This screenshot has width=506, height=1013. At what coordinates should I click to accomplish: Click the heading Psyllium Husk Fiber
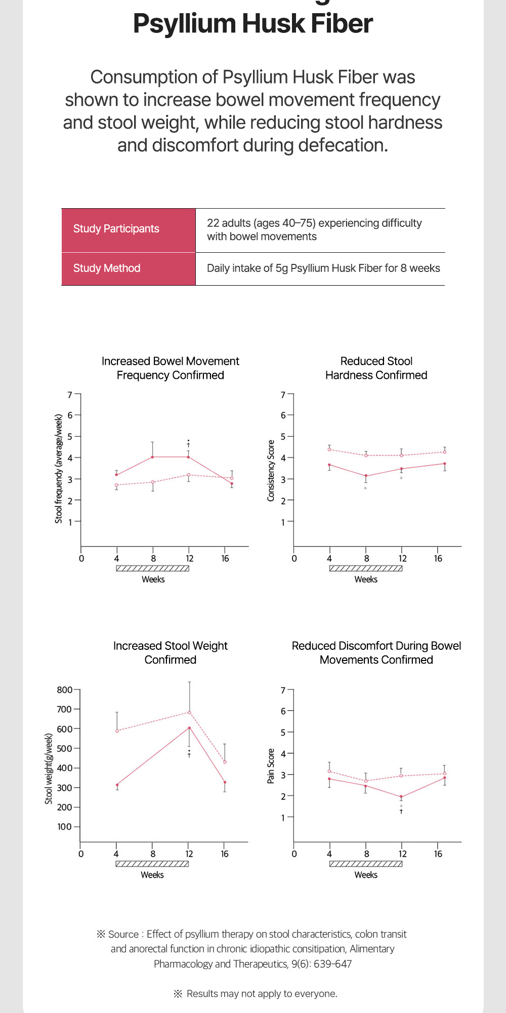pyautogui.click(x=252, y=23)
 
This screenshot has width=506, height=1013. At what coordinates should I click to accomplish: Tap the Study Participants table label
pyautogui.click(x=116, y=229)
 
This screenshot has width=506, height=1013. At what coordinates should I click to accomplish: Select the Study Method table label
pyautogui.click(x=106, y=268)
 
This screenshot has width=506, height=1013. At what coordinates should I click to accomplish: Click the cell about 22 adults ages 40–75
pyautogui.click(x=314, y=229)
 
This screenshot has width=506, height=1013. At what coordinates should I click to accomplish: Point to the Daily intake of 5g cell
pyautogui.click(x=323, y=268)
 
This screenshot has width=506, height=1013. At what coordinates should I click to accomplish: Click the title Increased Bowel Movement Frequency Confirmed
pyautogui.click(x=170, y=368)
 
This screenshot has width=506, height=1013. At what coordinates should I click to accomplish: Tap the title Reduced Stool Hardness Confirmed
pyautogui.click(x=376, y=368)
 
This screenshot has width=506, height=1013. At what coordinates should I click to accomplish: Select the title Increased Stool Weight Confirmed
pyautogui.click(x=170, y=653)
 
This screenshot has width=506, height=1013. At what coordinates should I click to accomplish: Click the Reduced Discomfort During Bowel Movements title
pyautogui.click(x=376, y=653)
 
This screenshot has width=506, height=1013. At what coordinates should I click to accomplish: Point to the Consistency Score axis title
pyautogui.click(x=271, y=471)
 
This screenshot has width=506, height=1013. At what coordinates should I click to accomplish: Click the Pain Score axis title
pyautogui.click(x=271, y=766)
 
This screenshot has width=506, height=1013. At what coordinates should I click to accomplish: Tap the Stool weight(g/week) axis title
pyautogui.click(x=49, y=768)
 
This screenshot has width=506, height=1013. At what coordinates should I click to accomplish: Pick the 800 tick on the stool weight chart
pyautogui.click(x=64, y=690)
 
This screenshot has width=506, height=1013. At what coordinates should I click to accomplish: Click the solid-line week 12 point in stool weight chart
pyautogui.click(x=189, y=728)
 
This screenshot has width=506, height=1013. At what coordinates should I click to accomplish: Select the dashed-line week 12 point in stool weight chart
pyautogui.click(x=189, y=712)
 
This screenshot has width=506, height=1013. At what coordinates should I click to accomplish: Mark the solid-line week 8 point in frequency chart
pyautogui.click(x=152, y=457)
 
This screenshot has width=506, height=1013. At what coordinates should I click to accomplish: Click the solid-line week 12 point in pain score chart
pyautogui.click(x=401, y=797)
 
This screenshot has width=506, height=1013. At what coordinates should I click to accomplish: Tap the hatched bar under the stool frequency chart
pyautogui.click(x=152, y=568)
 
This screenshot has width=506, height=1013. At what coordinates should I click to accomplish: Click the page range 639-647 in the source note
pyautogui.click(x=332, y=964)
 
